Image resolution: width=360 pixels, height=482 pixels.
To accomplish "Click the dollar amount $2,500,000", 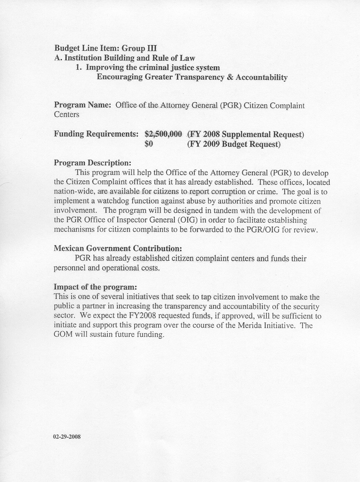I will click(163, 134).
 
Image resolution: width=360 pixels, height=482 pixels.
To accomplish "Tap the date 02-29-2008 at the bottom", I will click(67, 436).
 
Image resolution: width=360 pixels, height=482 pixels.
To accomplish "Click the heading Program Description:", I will click(92, 163).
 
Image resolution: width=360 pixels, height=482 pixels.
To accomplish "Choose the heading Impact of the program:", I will click(95, 287).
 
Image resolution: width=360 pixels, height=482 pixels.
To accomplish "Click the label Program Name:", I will click(82, 105).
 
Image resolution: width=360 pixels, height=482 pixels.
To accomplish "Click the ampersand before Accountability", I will click(230, 77).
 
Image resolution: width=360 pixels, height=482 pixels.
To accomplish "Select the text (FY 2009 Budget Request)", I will click(233, 144).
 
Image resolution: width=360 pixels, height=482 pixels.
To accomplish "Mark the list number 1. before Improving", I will click(79, 67).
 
